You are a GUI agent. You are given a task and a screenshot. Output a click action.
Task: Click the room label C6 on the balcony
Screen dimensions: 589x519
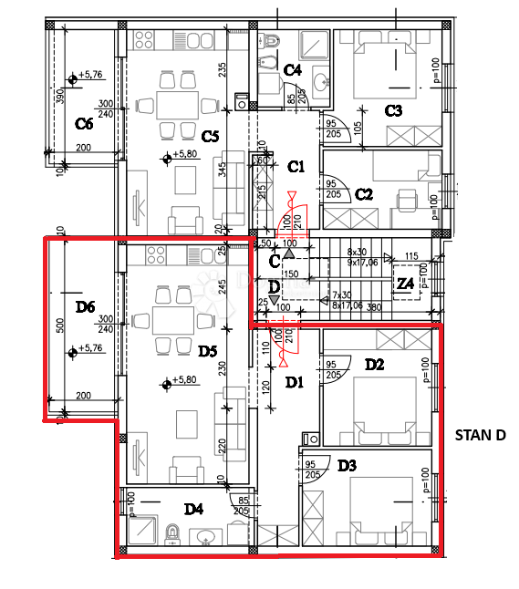pos(85,123)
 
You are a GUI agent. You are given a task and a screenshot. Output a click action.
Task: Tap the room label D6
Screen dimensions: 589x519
pos(85,307)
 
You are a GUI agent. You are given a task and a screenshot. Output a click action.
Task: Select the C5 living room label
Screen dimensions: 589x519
pos(210,136)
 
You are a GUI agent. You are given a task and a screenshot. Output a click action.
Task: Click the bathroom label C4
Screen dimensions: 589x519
pos(293,69)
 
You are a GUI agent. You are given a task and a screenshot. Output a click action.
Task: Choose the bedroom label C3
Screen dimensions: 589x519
pos(393,111)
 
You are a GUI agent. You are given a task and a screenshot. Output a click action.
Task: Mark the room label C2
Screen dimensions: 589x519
pos(364,193)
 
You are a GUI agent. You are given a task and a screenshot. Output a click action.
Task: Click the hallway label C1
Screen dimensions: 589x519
pos(296,167)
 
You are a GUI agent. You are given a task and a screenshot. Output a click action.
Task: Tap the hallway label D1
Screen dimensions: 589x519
pos(294,382)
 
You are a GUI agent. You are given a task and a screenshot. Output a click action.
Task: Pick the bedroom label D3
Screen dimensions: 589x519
pos(348,466)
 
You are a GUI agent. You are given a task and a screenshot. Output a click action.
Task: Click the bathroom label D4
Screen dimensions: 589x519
pos(193,509)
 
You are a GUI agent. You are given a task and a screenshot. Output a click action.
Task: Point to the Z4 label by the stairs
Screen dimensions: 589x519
pos(406,283)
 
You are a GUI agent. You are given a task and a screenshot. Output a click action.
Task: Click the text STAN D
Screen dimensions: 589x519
pos(480,435)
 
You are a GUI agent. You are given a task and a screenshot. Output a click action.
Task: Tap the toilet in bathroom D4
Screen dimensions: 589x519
pos(171,532)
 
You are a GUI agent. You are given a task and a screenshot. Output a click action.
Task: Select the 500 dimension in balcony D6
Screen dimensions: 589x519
pos(60,325)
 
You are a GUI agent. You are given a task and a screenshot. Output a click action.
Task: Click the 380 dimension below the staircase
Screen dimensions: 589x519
pos(373,307)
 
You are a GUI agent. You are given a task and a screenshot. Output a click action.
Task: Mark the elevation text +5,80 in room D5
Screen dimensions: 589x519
pos(184,380)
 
